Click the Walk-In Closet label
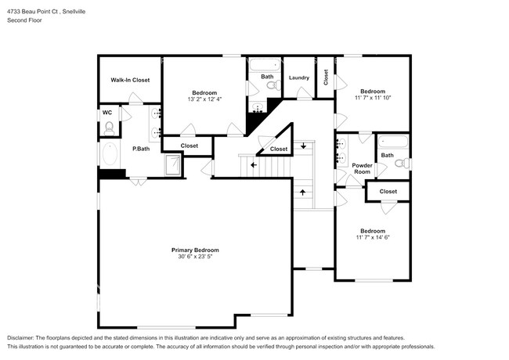click(130, 80)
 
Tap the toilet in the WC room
click(109, 128)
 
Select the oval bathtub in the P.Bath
click(110, 154)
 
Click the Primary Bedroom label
click(195, 250)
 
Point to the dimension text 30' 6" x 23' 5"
click(195, 257)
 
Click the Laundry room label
click(299, 77)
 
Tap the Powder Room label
click(362, 168)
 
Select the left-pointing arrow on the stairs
click(254, 165)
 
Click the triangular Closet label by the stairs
click(279, 149)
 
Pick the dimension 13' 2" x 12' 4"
click(204, 99)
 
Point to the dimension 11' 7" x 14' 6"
click(373, 237)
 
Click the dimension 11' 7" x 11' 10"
click(374, 98)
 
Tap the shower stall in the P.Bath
click(173, 165)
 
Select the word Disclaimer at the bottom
click(20, 338)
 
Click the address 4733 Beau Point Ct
click(32, 12)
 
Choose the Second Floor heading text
click(25, 20)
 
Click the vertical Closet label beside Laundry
click(326, 77)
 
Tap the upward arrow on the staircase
click(303, 193)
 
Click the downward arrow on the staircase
click(303, 146)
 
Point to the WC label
click(107, 113)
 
